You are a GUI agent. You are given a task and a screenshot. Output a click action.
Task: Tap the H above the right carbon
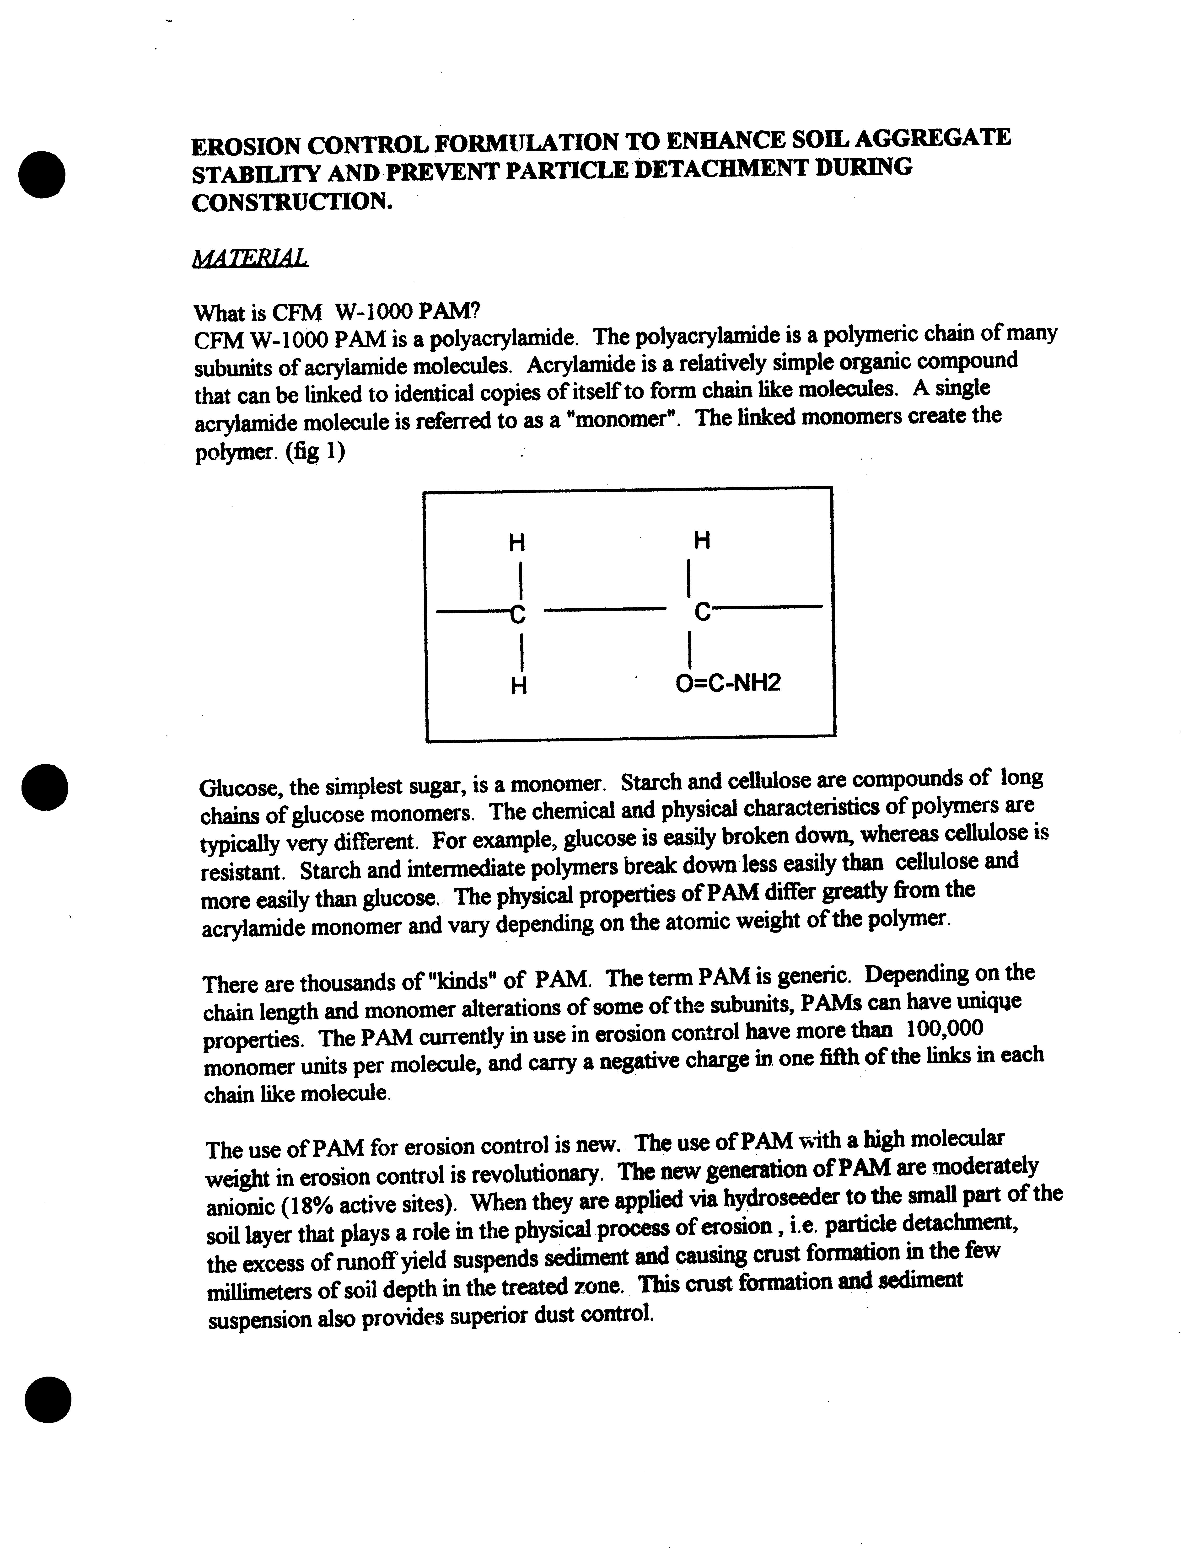[701, 541]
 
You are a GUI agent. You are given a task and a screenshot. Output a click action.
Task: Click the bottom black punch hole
[48, 1399]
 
